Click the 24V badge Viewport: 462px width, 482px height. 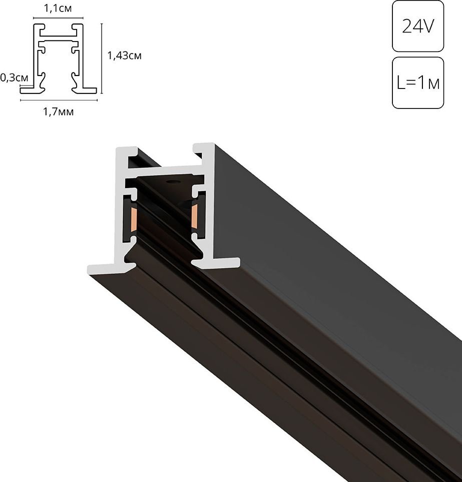[418, 26]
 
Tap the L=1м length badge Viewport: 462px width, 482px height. [418, 82]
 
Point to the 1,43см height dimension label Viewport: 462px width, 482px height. [125, 55]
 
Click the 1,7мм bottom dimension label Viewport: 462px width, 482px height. [59, 111]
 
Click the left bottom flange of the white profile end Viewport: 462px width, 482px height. [103, 268]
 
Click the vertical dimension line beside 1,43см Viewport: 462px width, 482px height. [102, 58]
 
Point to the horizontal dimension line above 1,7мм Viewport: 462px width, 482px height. [59, 100]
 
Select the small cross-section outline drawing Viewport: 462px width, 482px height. [58, 58]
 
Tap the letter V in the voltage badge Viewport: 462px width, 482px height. [426, 26]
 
